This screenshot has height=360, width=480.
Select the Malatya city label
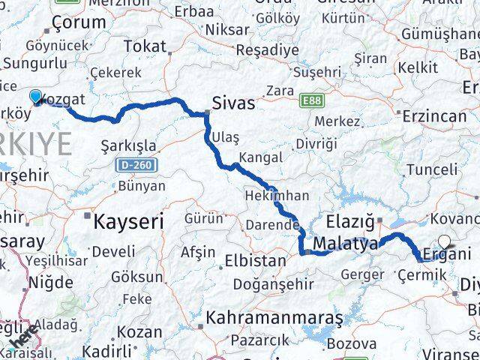(346, 244)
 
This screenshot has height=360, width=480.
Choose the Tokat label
(145, 46)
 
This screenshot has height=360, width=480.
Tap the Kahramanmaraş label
(275, 317)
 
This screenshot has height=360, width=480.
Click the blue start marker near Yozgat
(36, 97)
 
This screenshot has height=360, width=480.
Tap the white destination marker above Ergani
(446, 241)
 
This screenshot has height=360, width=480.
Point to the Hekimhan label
(277, 196)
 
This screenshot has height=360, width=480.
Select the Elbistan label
(255, 262)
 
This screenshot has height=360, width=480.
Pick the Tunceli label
(430, 169)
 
